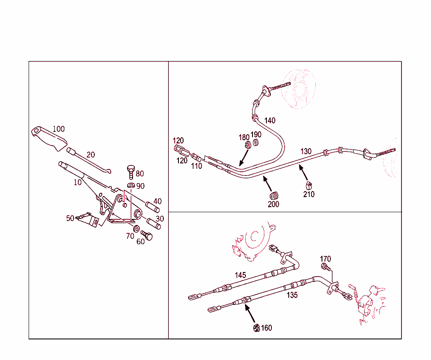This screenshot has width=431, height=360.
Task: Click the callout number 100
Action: (59, 129)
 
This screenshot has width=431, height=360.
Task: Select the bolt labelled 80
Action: (131, 172)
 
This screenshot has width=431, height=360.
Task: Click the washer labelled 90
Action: (131, 185)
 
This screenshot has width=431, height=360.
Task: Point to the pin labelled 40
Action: (152, 207)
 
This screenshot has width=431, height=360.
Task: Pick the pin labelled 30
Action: (154, 224)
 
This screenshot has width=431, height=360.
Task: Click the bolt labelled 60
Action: (147, 235)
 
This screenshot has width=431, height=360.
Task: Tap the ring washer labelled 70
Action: (136, 228)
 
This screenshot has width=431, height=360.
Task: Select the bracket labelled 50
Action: (88, 219)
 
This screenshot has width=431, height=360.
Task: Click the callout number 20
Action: (91, 155)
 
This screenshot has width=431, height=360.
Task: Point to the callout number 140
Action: (270, 120)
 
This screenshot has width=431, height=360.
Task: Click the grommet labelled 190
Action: (256, 142)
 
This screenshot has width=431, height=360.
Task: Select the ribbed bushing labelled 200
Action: (274, 195)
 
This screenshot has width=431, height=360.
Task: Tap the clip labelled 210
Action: (309, 186)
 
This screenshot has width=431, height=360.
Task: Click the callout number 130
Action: (306, 151)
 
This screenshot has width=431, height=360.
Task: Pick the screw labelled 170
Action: (326, 267)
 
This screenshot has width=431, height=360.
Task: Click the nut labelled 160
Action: (256, 328)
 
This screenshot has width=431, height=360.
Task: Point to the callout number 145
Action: (240, 275)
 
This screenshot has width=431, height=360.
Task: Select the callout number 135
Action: (292, 295)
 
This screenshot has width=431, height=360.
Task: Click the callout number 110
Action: (197, 166)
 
